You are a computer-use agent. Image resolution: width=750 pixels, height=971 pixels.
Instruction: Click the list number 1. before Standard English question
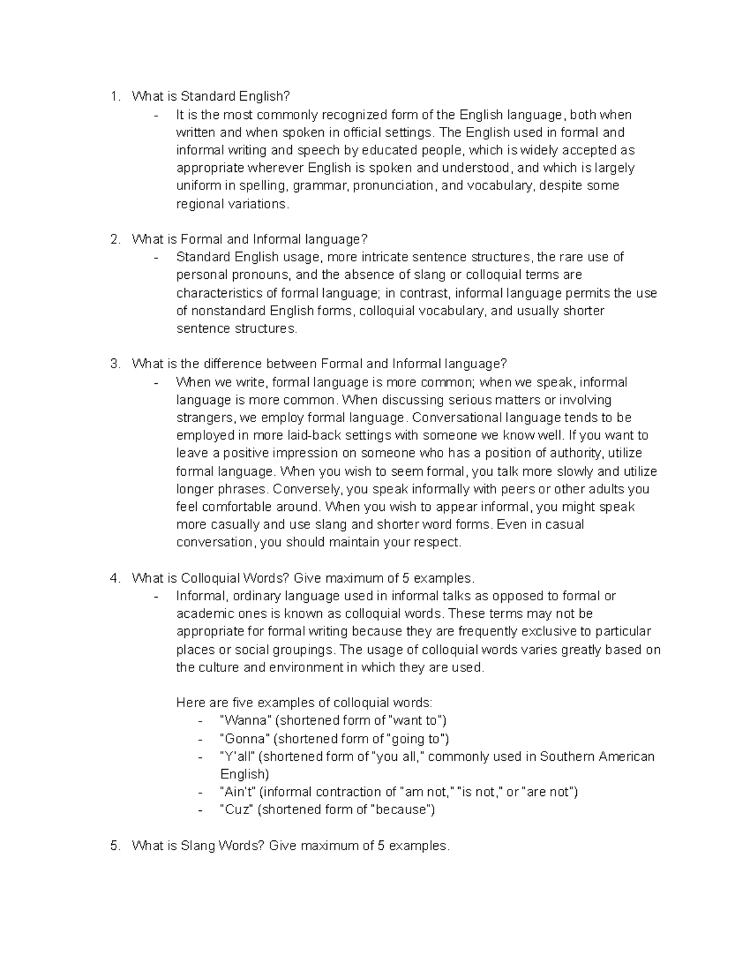[x=114, y=96]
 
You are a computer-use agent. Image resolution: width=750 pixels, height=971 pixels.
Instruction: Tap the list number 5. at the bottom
[x=114, y=846]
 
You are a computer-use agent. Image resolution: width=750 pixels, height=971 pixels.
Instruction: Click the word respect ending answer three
[x=436, y=543]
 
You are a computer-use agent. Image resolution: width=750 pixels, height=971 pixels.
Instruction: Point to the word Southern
[x=567, y=757]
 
